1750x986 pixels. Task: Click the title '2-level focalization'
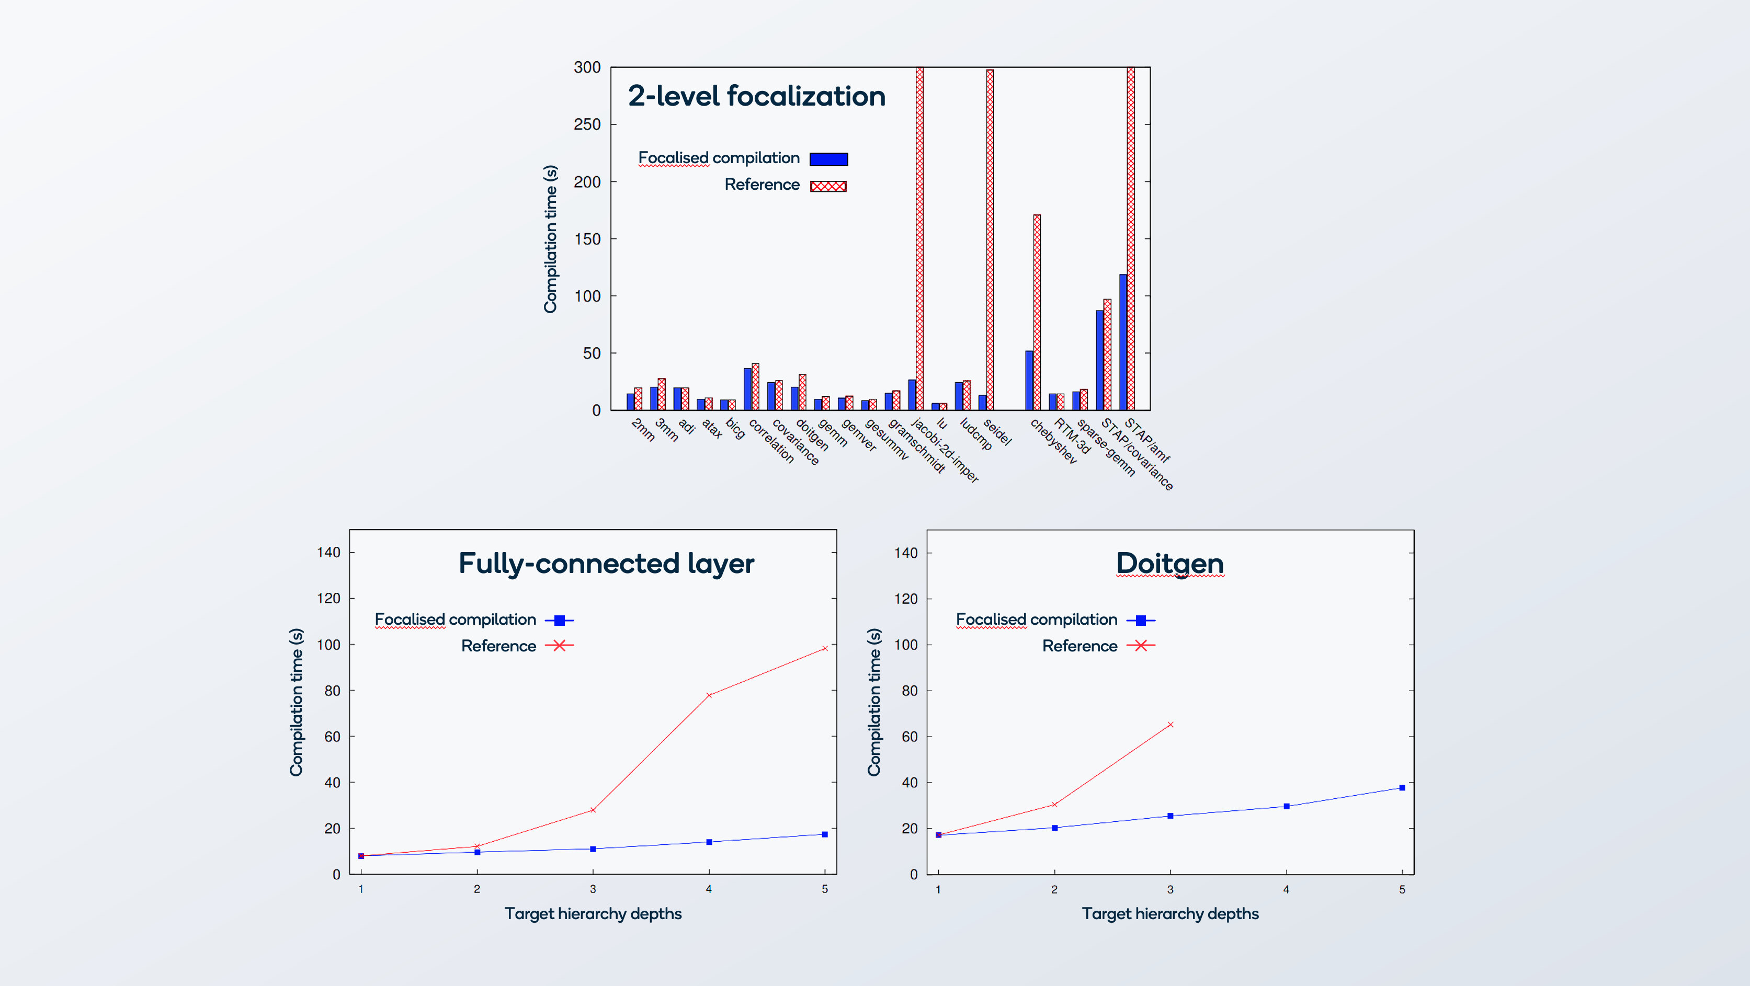click(756, 96)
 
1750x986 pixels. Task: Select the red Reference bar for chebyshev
click(1037, 312)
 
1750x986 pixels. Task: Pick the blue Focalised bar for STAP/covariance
click(1099, 360)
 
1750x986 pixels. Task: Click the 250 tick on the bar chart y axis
click(587, 124)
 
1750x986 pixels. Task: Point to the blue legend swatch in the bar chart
click(828, 159)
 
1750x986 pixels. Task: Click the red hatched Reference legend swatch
click(828, 186)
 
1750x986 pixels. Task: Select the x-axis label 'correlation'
click(771, 441)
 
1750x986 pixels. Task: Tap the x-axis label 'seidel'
click(997, 432)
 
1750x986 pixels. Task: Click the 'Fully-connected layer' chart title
click(606, 564)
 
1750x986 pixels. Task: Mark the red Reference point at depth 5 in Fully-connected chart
click(825, 648)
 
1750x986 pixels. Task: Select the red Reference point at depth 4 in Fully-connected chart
click(709, 695)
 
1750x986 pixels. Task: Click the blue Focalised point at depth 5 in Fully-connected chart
click(825, 834)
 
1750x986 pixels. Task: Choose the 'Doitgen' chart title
click(1170, 564)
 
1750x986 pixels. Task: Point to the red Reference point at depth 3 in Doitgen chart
click(1170, 725)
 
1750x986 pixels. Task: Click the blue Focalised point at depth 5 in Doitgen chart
click(1402, 788)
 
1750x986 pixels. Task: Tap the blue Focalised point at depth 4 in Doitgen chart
click(1286, 806)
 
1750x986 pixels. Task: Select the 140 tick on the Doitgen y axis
click(905, 553)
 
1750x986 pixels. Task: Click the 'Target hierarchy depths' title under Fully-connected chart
click(593, 913)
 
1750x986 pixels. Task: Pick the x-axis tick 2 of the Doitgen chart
click(1054, 889)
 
